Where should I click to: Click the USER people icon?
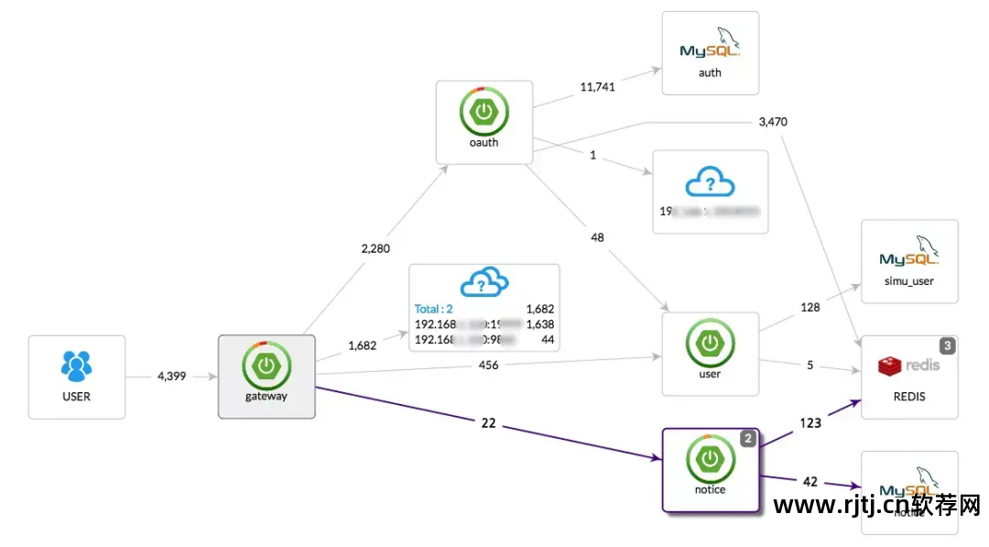[x=77, y=366]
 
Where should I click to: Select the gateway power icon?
[x=266, y=364]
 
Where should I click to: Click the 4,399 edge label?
[x=171, y=376]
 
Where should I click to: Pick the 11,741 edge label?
[x=598, y=87]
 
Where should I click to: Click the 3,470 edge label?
[x=773, y=122]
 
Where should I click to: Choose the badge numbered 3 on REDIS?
[x=948, y=345]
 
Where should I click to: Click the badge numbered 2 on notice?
[x=748, y=439]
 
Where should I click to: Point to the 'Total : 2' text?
[x=434, y=309]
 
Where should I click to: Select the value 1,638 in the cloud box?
[x=539, y=324]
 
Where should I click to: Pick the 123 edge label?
[x=809, y=423]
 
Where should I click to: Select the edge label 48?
[x=597, y=238]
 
